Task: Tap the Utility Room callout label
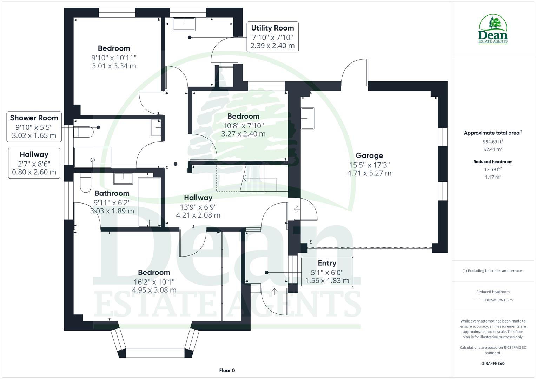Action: [272, 37]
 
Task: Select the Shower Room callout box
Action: [34, 127]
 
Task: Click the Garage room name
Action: [369, 155]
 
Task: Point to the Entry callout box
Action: [327, 272]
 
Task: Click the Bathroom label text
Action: [112, 193]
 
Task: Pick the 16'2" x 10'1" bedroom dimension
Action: [154, 281]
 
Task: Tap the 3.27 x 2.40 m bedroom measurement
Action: [243, 134]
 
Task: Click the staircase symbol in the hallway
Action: [253, 179]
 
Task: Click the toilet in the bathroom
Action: [85, 182]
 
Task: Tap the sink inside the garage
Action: [307, 118]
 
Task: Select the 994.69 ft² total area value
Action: [493, 142]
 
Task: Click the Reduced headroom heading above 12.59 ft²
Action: [493, 162]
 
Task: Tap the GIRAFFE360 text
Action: [493, 363]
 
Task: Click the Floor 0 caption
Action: [227, 370]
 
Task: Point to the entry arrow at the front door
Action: [274, 291]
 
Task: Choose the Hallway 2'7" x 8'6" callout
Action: [34, 163]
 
